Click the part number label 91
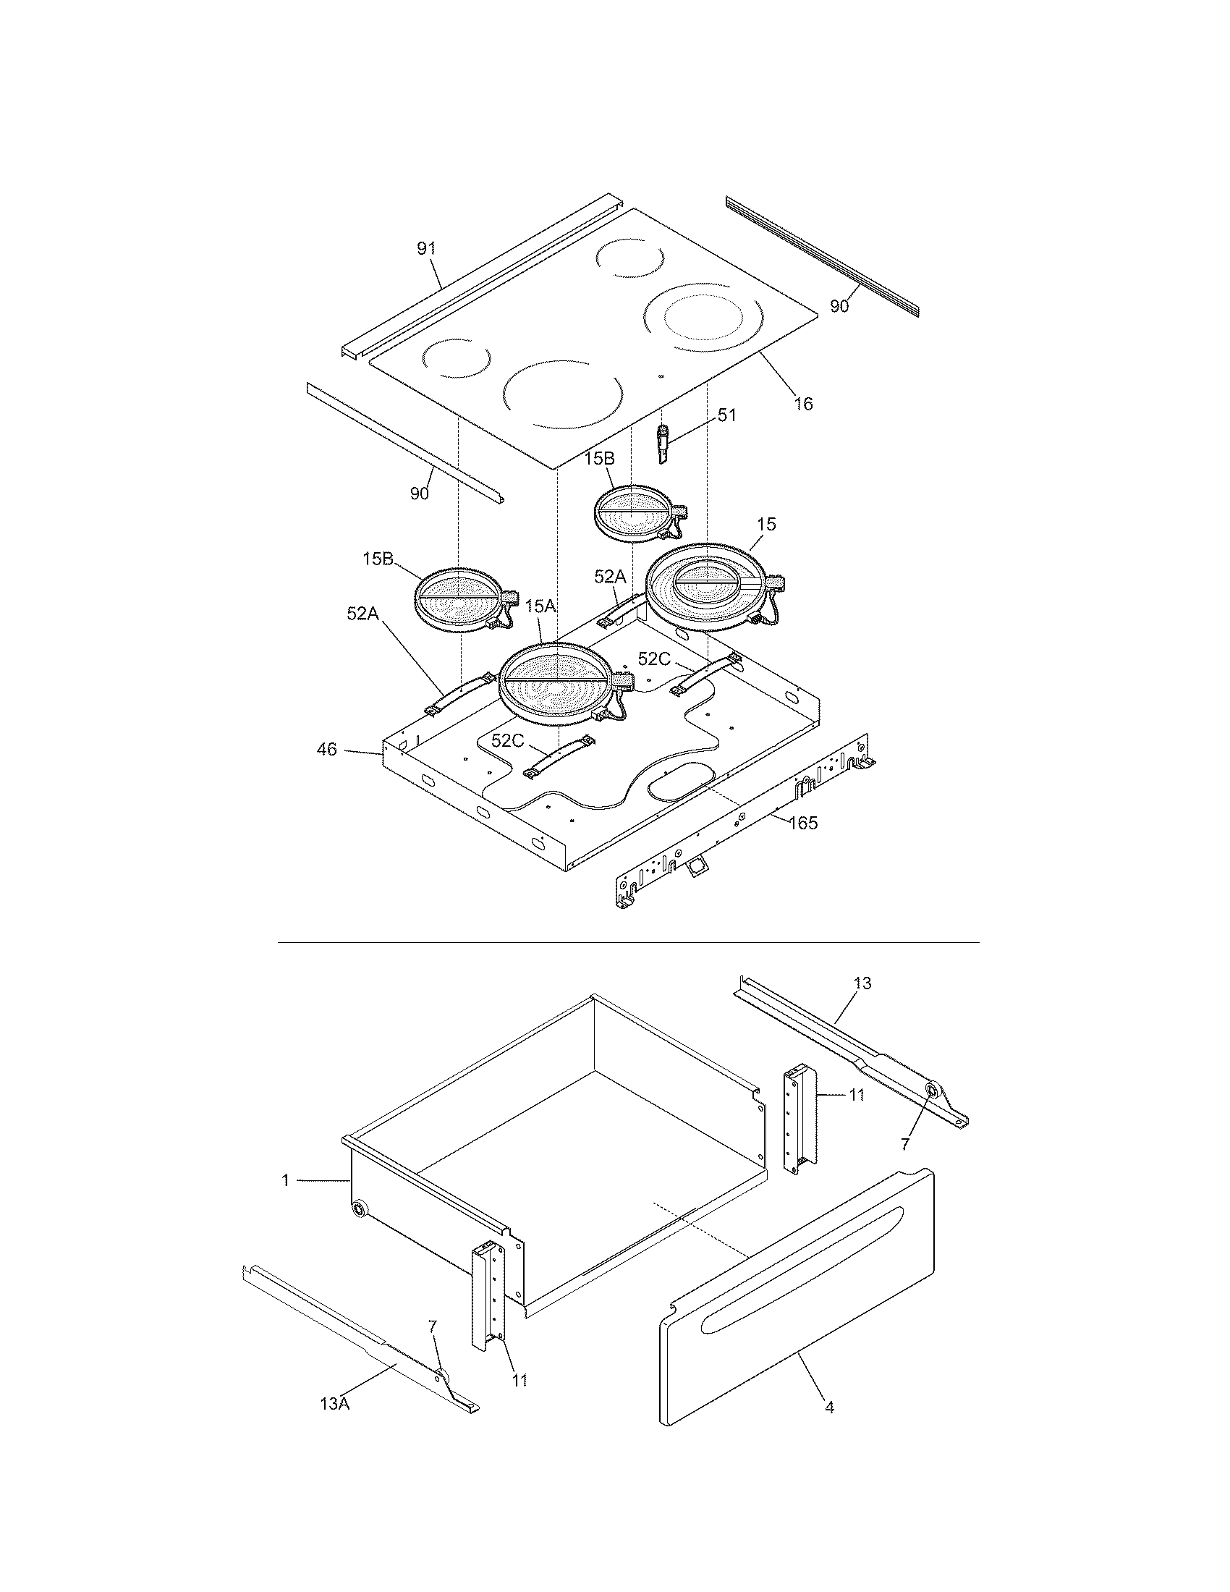click(x=426, y=248)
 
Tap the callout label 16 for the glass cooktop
click(x=803, y=403)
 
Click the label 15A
click(x=540, y=606)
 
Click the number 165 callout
click(x=802, y=823)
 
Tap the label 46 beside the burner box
click(x=327, y=749)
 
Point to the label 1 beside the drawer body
click(x=286, y=1180)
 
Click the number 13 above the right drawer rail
click(x=862, y=983)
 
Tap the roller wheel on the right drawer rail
click(x=931, y=1109)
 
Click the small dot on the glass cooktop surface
click(x=660, y=377)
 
